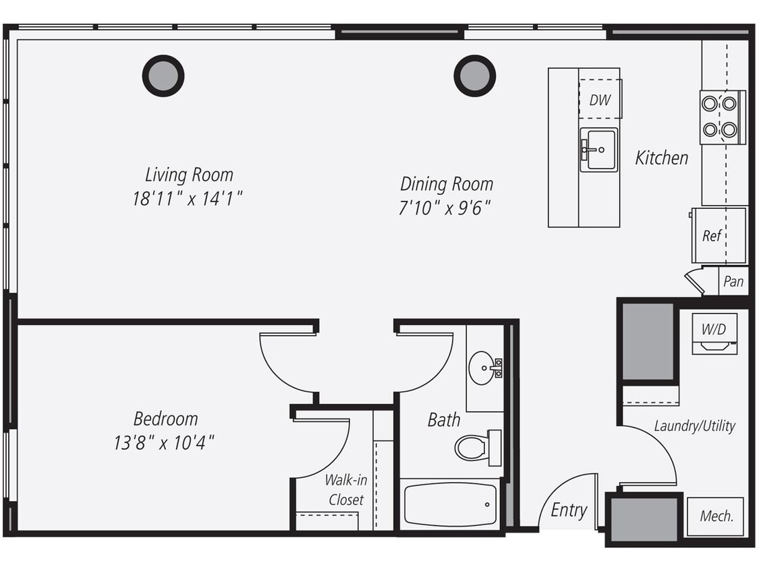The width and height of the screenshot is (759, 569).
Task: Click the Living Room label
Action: pos(189,175)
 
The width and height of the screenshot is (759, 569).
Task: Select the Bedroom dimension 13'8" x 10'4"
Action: pos(165,442)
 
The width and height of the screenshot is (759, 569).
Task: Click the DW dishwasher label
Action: pos(600,100)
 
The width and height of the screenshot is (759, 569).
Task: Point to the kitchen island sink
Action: pos(599,150)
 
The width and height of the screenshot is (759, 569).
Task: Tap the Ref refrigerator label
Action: pos(712,235)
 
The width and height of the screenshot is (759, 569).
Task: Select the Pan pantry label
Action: pos(733,281)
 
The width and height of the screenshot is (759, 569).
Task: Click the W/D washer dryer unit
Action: pos(714,334)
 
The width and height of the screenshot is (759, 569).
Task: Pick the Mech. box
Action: pos(716,516)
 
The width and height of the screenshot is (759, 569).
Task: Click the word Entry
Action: pos(569,510)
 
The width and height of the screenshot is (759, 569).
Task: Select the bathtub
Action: pos(451,504)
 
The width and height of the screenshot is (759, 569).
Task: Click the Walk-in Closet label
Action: pos(346,489)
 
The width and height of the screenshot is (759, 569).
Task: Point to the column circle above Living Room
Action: pos(163,76)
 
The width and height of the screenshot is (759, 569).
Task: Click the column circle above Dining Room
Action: pos(475,76)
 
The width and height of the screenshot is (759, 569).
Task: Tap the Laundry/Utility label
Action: pos(694,425)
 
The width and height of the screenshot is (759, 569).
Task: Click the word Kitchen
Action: pos(662,158)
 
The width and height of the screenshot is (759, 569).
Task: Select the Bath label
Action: pos(444,420)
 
